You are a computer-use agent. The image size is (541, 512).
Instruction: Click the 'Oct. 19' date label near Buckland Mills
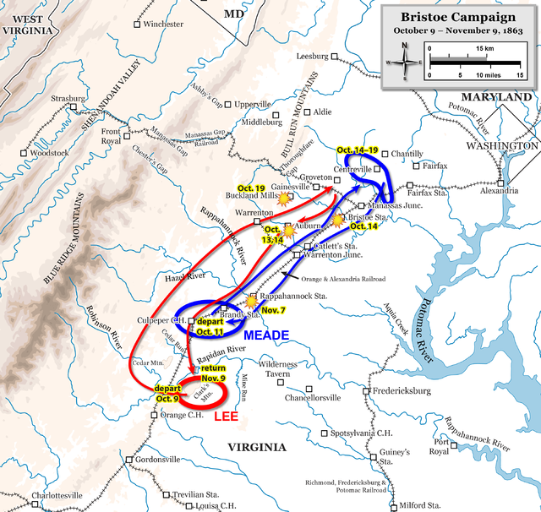click(x=251, y=188)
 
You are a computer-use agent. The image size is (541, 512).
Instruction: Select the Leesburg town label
click(x=312, y=57)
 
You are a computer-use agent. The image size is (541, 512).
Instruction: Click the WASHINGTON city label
click(x=505, y=145)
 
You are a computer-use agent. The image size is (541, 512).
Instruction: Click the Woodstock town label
click(x=48, y=153)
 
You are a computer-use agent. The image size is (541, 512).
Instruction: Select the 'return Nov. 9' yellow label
click(x=213, y=373)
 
